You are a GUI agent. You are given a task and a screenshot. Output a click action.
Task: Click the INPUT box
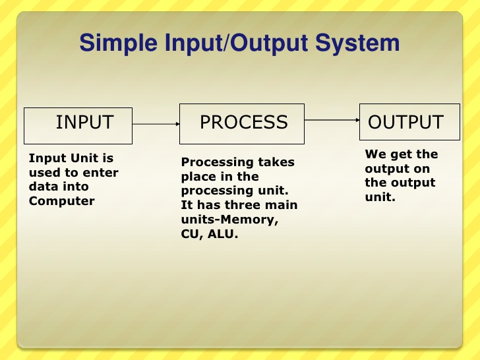tap(78, 125)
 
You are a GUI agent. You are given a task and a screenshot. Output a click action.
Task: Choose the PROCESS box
tap(242, 123)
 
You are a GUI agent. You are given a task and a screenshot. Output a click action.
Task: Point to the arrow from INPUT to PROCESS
tap(156, 123)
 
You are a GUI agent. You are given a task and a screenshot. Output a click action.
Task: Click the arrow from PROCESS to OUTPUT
tap(332, 120)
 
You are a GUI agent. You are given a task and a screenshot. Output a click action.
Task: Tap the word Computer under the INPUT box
tap(62, 201)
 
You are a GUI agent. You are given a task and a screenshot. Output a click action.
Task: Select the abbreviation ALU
tap(222, 233)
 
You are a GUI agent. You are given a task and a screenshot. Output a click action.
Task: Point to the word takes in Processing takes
tap(277, 162)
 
